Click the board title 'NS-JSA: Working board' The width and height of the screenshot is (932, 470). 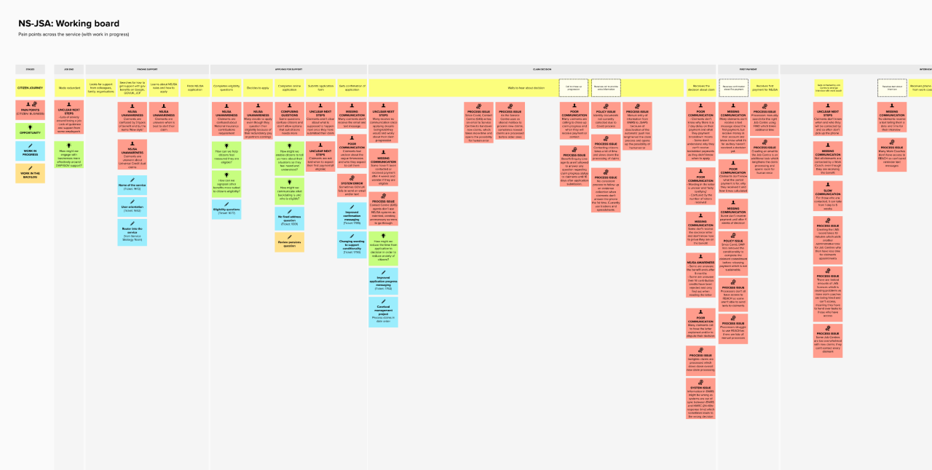tap(69, 24)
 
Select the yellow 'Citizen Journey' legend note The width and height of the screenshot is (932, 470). tap(30, 89)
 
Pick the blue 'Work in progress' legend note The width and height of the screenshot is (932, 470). tap(30, 151)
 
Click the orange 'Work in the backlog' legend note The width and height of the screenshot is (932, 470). tap(30, 172)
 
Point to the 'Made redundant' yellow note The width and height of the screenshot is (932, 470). tap(69, 89)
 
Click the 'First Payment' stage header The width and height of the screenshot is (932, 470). tap(748, 70)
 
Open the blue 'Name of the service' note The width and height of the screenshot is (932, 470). tap(132, 188)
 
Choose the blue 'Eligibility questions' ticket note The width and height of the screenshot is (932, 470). tap(226, 210)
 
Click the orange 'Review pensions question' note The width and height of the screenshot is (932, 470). tap(290, 242)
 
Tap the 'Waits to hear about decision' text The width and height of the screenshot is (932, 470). tap(524, 89)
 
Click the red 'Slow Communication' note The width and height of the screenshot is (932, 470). tap(828, 199)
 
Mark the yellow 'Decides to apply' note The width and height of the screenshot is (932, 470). tap(258, 89)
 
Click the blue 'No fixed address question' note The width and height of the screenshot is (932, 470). tap(290, 218)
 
